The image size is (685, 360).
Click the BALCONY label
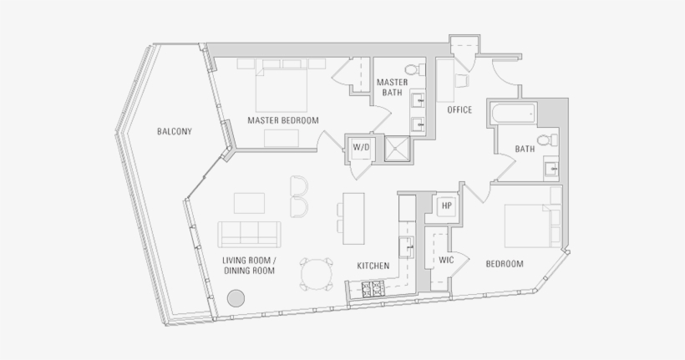click(x=175, y=132)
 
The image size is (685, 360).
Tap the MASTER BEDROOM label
click(x=283, y=121)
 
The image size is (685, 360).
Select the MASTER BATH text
click(x=391, y=87)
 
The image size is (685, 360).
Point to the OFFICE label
click(x=459, y=110)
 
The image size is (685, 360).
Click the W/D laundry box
click(x=361, y=148)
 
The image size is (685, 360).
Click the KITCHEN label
click(x=373, y=266)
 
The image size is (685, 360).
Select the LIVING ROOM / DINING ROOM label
click(x=249, y=265)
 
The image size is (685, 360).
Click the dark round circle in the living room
click(x=236, y=297)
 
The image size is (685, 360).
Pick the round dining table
click(x=315, y=273)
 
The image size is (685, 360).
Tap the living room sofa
click(x=248, y=231)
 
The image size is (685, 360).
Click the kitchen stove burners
click(x=372, y=290)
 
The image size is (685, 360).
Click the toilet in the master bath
click(x=410, y=70)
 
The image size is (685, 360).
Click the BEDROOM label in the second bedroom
click(x=505, y=265)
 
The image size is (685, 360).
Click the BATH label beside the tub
click(x=525, y=150)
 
